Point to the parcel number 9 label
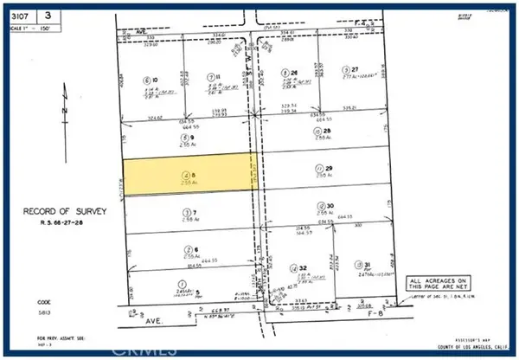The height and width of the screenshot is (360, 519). (x=185, y=137)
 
